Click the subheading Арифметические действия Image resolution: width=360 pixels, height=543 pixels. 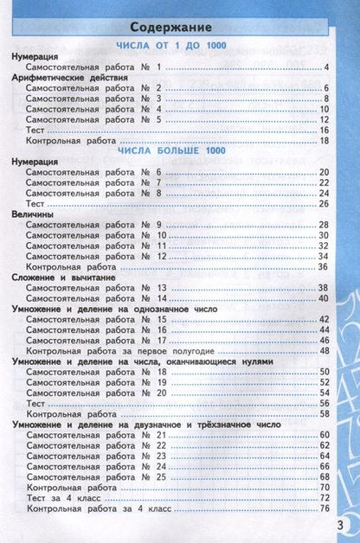point(70,77)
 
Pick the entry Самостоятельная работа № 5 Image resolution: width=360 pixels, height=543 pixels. point(94,119)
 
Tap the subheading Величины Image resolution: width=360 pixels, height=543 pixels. point(35,214)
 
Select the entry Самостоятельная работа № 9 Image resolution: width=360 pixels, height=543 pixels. point(94,225)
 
